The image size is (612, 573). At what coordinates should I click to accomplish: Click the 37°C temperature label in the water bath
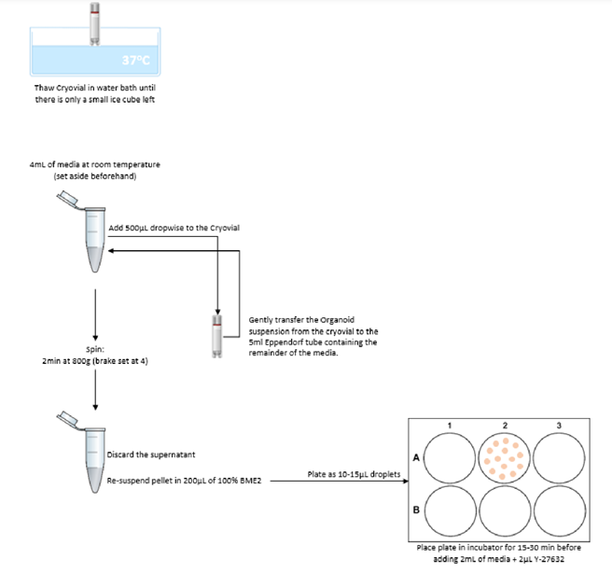[x=136, y=61]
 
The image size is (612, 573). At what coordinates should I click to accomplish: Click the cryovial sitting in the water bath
[x=94, y=23]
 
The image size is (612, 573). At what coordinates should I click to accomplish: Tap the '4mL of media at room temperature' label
[x=95, y=165]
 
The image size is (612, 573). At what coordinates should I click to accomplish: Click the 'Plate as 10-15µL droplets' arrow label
[x=353, y=475]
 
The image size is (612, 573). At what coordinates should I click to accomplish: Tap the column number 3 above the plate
[x=558, y=426]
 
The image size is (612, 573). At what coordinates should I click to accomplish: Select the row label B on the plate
[x=416, y=510]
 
